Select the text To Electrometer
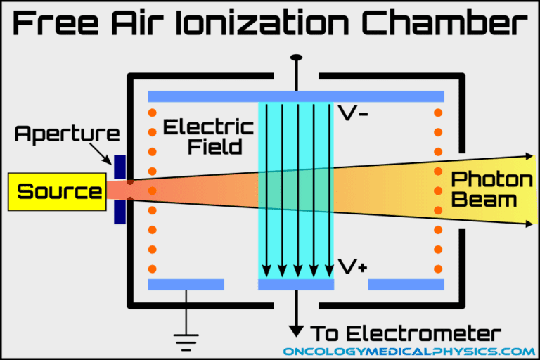tap(406, 333)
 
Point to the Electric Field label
tap(208, 137)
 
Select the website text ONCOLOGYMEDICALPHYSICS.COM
tap(409, 351)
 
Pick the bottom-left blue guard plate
tap(186, 285)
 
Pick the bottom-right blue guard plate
tap(406, 285)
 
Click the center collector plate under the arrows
tap(295, 285)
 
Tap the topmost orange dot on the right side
tap(439, 112)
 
